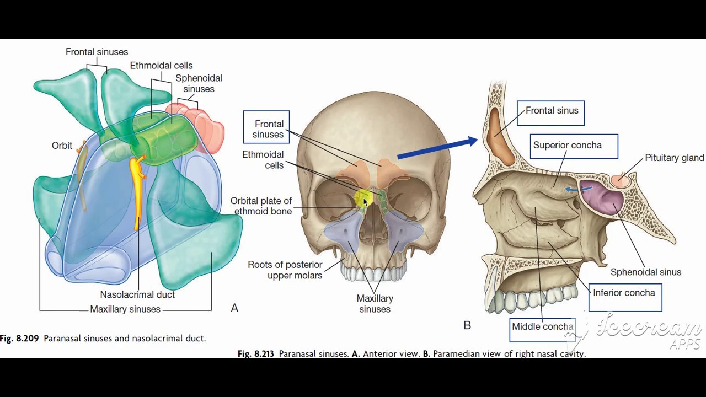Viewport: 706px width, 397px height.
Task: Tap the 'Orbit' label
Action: [x=62, y=146]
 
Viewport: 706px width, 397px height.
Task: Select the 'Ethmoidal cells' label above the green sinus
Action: [x=161, y=66]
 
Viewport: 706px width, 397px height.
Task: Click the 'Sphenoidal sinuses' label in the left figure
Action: [x=199, y=83]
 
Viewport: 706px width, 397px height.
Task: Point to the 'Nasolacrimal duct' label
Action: [x=137, y=294]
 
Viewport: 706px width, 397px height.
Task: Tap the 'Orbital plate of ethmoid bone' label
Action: [x=261, y=206]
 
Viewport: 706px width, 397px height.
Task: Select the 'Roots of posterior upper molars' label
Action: [x=285, y=270]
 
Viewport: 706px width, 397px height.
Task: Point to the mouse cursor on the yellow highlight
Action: [x=365, y=202]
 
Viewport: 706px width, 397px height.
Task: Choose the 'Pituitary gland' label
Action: [x=674, y=158]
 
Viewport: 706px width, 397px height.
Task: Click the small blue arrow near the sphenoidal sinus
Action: [x=578, y=189]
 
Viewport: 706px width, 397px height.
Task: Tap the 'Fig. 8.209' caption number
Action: [x=19, y=339]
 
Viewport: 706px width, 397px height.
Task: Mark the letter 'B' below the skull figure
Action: [x=467, y=325]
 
